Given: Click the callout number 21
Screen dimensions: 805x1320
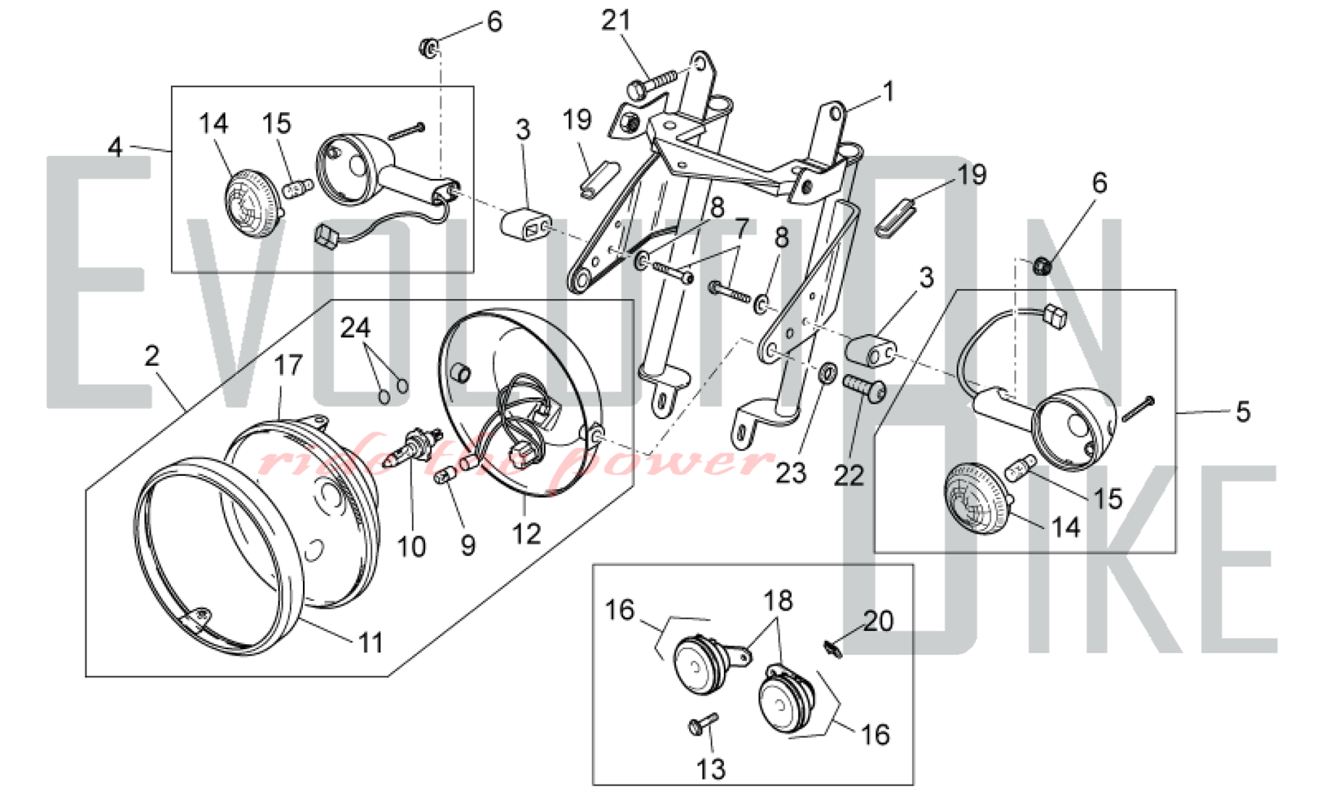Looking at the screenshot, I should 616,21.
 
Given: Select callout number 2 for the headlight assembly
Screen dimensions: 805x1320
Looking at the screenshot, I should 152,357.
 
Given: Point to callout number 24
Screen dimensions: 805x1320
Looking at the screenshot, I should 355,328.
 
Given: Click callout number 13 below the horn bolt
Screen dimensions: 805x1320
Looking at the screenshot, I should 711,769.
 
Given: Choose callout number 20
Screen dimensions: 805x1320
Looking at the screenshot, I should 878,622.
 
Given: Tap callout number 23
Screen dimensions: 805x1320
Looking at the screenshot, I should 791,473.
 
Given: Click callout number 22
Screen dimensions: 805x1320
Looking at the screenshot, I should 848,474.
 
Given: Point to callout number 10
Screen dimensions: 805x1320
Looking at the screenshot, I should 411,547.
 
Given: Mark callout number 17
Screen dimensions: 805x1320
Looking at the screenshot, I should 288,366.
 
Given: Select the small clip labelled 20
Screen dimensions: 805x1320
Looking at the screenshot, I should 833,649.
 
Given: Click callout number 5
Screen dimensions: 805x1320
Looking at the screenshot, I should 1243,412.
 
